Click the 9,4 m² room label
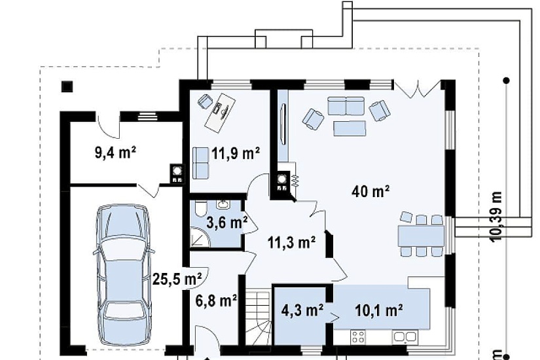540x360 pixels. tap(115, 153)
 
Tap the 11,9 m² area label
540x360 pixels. tap(236, 153)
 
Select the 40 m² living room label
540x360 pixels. tap(370, 191)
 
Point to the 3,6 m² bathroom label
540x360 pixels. tap(226, 223)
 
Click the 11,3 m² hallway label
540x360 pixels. tap(292, 243)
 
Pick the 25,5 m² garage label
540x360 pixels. tap(177, 279)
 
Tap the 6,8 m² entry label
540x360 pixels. tap(216, 300)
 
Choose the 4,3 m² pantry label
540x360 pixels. tap(302, 310)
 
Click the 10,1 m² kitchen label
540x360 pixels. tap(379, 310)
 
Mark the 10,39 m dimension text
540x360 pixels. tap(496, 217)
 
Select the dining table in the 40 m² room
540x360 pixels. tap(421, 236)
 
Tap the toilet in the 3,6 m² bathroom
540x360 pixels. tap(200, 208)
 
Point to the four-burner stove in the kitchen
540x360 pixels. tap(358, 336)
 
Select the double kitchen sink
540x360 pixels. tap(405, 336)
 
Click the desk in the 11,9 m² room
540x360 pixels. tap(221, 112)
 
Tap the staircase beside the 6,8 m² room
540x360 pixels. tap(258, 317)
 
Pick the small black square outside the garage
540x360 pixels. tap(67, 86)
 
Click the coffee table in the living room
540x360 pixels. tap(350, 128)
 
